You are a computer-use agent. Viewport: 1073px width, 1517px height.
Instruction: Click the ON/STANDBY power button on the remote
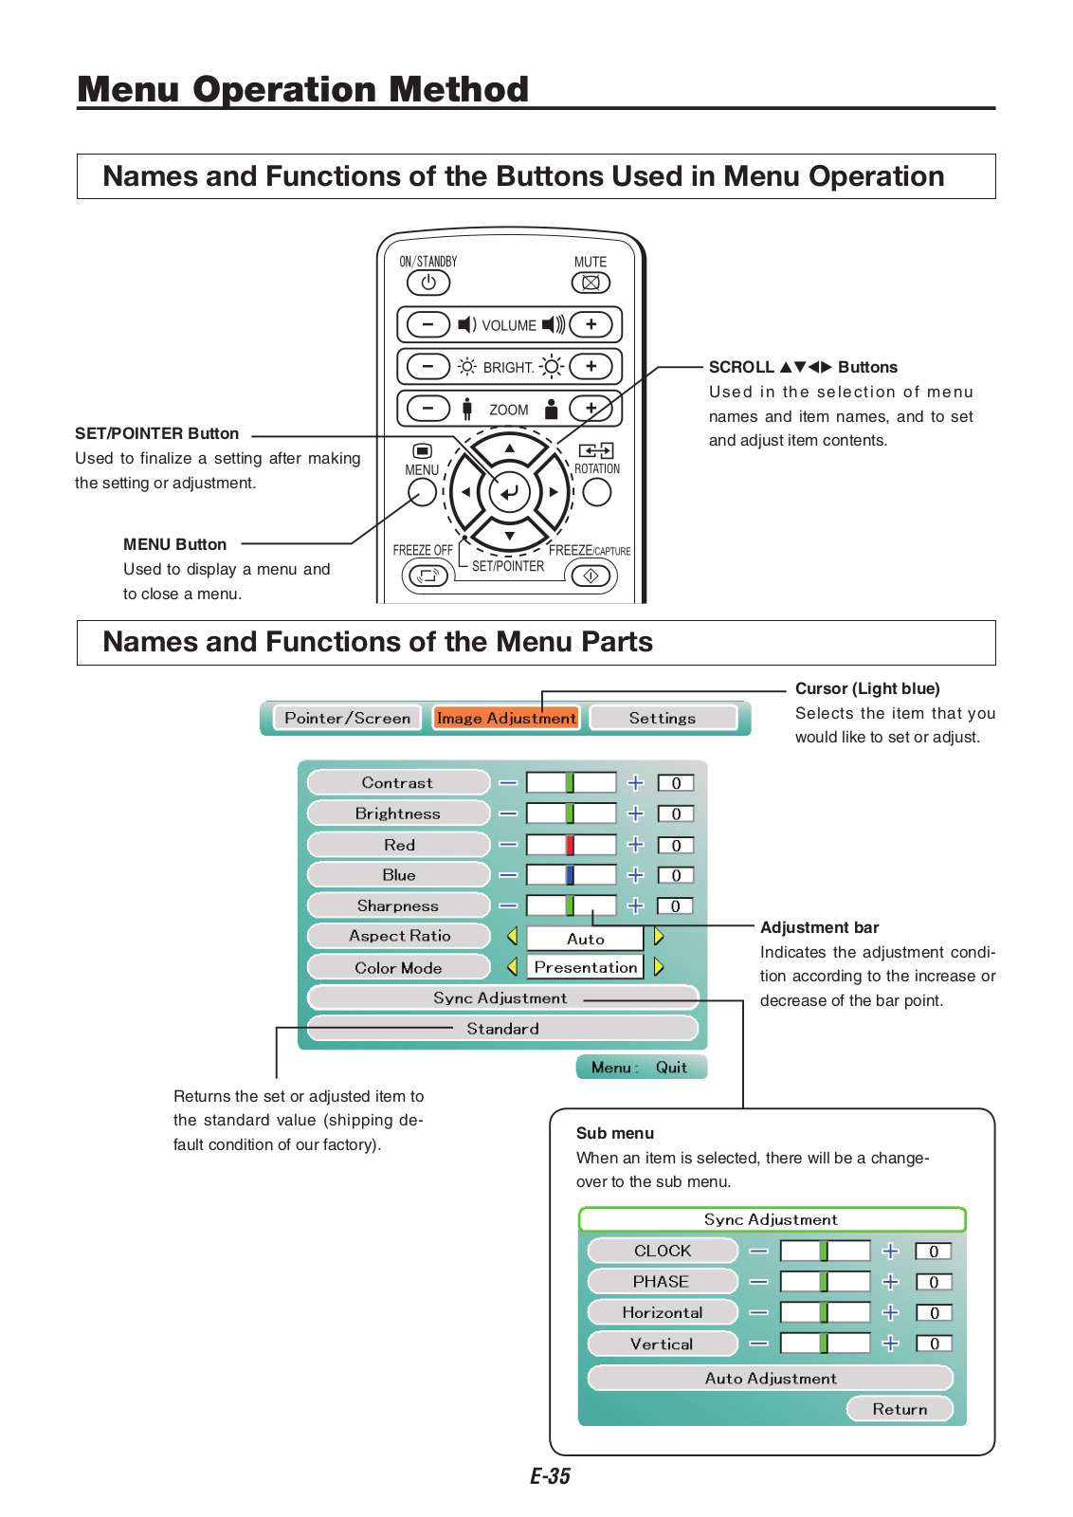pos(428,283)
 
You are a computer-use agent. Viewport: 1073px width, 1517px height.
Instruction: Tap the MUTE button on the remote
pos(591,283)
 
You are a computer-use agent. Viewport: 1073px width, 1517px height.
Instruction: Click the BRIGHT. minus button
pos(428,366)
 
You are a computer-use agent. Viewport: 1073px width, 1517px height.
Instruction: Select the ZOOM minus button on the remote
pos(428,409)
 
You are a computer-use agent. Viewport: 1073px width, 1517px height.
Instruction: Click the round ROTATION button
pos(596,492)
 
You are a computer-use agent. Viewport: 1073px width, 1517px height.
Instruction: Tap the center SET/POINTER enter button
pos(510,492)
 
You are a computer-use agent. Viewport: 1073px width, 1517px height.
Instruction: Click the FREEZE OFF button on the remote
pos(427,575)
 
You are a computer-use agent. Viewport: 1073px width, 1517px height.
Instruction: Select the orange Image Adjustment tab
pos(506,718)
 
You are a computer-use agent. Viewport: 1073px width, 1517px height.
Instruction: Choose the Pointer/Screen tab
pos(348,718)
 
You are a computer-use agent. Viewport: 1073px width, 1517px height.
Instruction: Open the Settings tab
pos(663,718)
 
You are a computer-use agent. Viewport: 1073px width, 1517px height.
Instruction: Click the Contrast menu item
pos(398,782)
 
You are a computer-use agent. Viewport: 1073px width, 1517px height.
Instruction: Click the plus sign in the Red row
pos(635,844)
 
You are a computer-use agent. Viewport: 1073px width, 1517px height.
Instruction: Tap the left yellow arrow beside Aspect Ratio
pos(512,936)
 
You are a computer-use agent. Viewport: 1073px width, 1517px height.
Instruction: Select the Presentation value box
pos(585,967)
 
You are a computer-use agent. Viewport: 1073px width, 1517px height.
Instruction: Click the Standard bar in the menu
pos(502,1029)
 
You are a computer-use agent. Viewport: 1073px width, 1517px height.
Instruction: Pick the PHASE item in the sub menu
pos(662,1281)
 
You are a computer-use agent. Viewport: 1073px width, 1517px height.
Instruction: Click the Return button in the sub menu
pos(900,1409)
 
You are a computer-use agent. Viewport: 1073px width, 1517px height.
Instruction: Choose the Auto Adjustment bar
pos(770,1378)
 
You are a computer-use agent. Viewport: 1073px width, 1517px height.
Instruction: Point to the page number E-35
pos(550,1476)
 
